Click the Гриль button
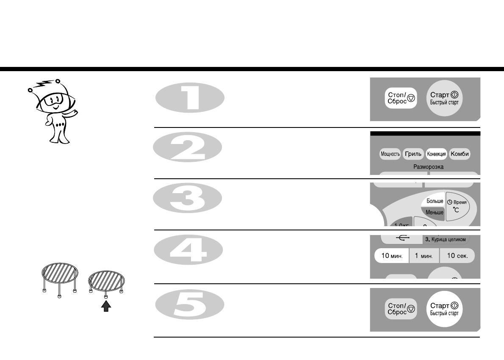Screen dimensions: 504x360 [413, 154]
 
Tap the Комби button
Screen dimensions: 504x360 [460, 154]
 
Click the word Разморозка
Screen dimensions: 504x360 [428, 167]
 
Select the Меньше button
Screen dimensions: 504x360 [434, 212]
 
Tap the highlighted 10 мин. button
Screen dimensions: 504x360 [391, 256]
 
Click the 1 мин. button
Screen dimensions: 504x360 [424, 256]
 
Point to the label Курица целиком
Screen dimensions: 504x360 [445, 240]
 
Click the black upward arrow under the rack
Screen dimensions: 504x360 [106, 306]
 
